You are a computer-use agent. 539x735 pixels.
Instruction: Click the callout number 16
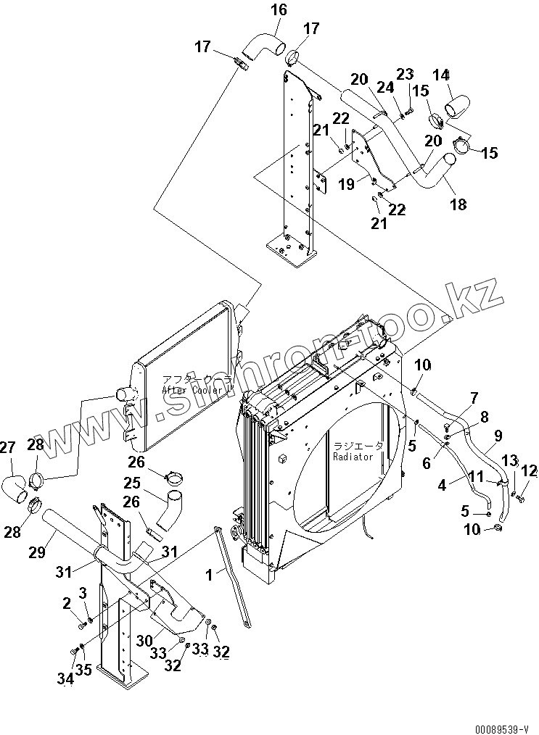pos(279,9)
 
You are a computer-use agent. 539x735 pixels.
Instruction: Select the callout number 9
pos(499,436)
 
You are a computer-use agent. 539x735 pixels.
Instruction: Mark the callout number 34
pos(66,679)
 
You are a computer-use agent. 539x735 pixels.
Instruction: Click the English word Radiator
pos(353,457)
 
